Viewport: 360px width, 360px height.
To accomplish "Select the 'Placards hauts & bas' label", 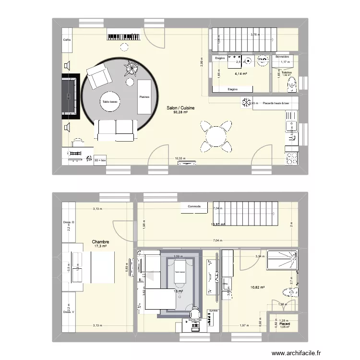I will pyautogui.click(x=276, y=103).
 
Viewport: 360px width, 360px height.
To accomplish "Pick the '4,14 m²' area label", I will pyautogui.click(x=240, y=74).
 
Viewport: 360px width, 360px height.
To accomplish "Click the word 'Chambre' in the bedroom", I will pyautogui.click(x=101, y=242).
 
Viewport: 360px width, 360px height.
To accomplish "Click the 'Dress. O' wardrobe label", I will pyautogui.click(x=69, y=222).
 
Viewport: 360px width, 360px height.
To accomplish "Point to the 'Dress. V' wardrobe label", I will pyautogui.click(x=69, y=312).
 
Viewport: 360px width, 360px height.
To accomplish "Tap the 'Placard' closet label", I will pyautogui.click(x=285, y=324).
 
